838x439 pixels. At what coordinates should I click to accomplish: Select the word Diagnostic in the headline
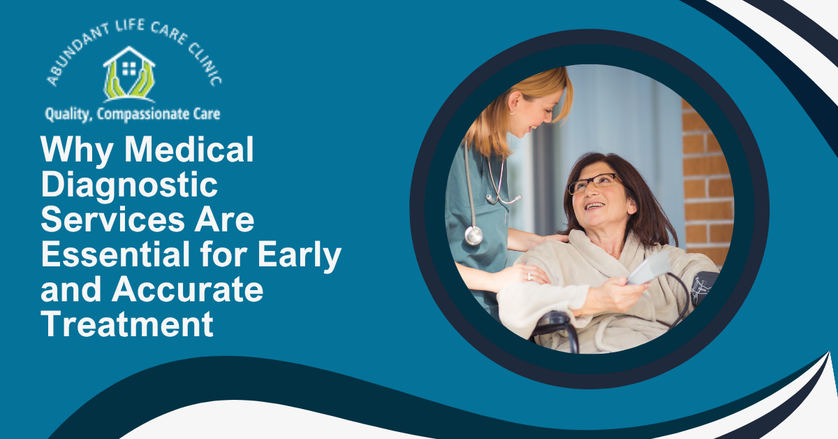(x=129, y=186)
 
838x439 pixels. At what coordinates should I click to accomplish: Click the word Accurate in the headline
(x=187, y=289)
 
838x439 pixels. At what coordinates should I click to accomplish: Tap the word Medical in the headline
(x=189, y=149)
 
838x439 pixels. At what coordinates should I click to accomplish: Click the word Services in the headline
(x=112, y=219)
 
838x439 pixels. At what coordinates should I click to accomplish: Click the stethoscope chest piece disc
(x=473, y=236)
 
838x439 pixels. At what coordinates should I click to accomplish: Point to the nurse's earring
(x=512, y=112)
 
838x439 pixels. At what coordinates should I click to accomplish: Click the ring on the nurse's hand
(x=529, y=277)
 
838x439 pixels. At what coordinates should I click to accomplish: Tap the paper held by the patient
(x=648, y=268)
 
